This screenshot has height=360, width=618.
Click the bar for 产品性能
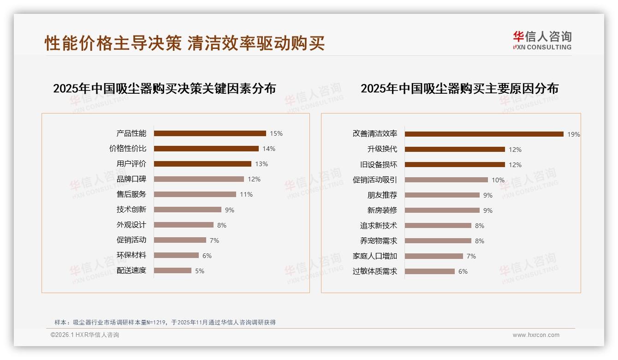point(210,133)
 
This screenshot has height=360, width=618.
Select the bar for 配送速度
point(172,270)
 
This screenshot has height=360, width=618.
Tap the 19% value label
point(573,134)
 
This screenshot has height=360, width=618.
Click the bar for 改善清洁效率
point(484,134)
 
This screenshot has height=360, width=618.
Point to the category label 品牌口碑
point(131,179)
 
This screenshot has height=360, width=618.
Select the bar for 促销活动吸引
point(446,180)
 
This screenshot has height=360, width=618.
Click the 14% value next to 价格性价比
point(269,149)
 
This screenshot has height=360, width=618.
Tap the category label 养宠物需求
point(378,241)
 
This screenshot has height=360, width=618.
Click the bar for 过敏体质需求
point(429,271)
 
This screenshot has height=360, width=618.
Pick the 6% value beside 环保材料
point(207,255)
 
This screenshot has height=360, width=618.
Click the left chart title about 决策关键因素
point(165,88)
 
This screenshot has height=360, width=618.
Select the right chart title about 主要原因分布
point(459,88)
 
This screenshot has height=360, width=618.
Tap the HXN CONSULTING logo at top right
point(542,41)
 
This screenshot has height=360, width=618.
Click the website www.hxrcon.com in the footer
point(536,335)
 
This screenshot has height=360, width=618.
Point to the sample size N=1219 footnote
point(165,322)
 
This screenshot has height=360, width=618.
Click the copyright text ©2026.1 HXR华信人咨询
point(85,335)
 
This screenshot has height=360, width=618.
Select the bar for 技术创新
point(188,210)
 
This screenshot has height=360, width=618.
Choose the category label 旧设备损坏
point(378,165)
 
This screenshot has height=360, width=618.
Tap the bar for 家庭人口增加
point(434,256)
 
